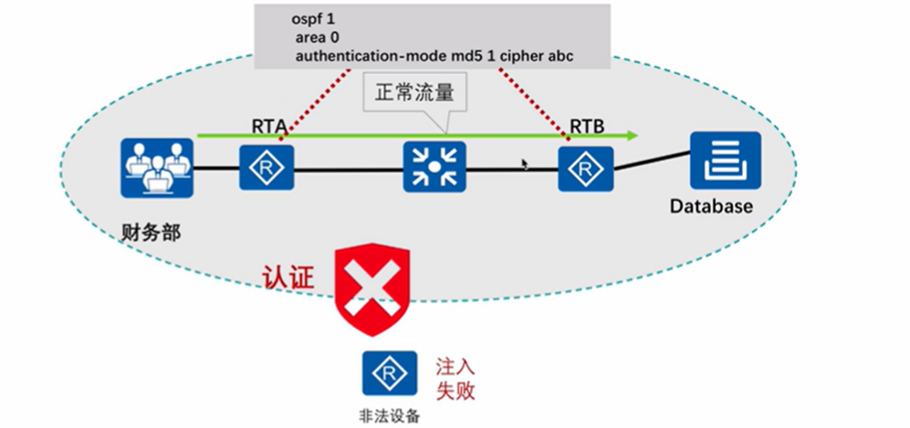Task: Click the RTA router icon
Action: (x=267, y=168)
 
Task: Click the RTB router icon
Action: (x=585, y=169)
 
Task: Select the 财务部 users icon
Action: (x=156, y=167)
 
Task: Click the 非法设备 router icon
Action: (x=389, y=373)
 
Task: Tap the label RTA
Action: (x=269, y=126)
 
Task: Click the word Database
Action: (x=711, y=206)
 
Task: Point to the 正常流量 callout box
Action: (x=414, y=92)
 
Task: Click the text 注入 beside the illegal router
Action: (x=455, y=366)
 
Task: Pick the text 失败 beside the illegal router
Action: (x=455, y=390)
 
